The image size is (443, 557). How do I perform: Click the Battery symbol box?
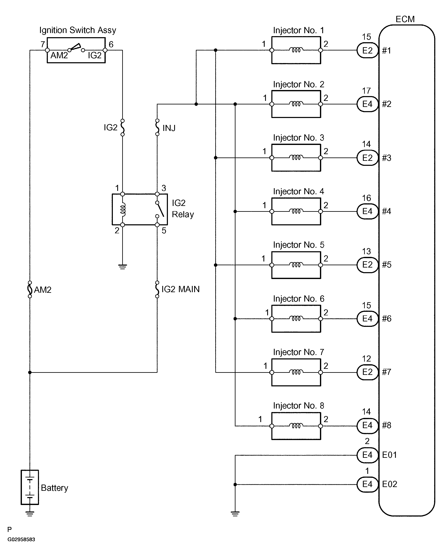pyautogui.click(x=30, y=487)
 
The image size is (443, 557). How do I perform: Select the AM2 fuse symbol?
pyautogui.click(x=30, y=289)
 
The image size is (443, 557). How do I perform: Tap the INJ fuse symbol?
pyautogui.click(x=157, y=127)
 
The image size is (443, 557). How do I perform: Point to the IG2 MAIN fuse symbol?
pyautogui.click(x=157, y=289)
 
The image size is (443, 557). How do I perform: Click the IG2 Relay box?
pyautogui.click(x=140, y=209)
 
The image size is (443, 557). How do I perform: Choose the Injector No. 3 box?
pyautogui.click(x=296, y=158)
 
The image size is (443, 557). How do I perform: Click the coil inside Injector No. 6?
pyautogui.click(x=296, y=318)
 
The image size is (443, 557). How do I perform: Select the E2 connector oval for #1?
pyautogui.click(x=367, y=50)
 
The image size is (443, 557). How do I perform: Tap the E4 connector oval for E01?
pyautogui.click(x=367, y=455)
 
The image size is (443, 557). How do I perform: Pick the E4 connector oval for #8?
pyautogui.click(x=367, y=425)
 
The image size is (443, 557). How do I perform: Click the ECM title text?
pyautogui.click(x=405, y=19)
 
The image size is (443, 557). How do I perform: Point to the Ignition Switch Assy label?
pyautogui.click(x=78, y=30)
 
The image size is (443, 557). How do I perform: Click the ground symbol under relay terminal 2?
pyautogui.click(x=123, y=267)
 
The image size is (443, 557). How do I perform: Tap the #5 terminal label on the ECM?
pyautogui.click(x=386, y=265)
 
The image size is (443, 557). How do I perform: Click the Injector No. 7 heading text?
pyautogui.click(x=298, y=352)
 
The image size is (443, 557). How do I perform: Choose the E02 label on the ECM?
pyautogui.click(x=389, y=484)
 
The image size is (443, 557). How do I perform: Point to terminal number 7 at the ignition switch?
pyautogui.click(x=43, y=44)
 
